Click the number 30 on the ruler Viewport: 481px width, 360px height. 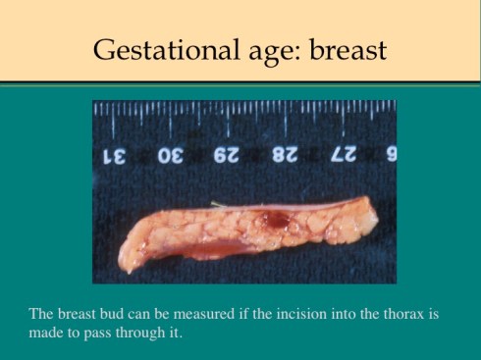point(171,156)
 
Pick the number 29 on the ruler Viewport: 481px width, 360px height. point(227,156)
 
